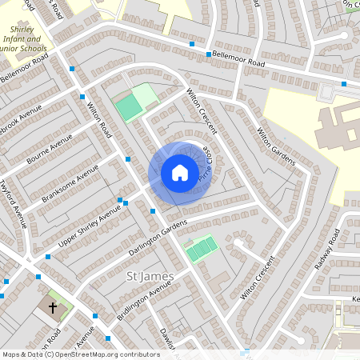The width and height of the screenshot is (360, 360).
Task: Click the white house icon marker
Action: point(180,173)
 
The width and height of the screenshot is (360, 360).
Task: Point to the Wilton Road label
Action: point(97,117)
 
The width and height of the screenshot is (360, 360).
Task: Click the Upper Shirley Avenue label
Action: point(90,224)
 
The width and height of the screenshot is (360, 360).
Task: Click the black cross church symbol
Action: point(54,308)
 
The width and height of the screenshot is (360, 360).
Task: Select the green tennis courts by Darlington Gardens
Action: point(201,250)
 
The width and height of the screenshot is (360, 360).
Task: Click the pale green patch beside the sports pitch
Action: point(146,95)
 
